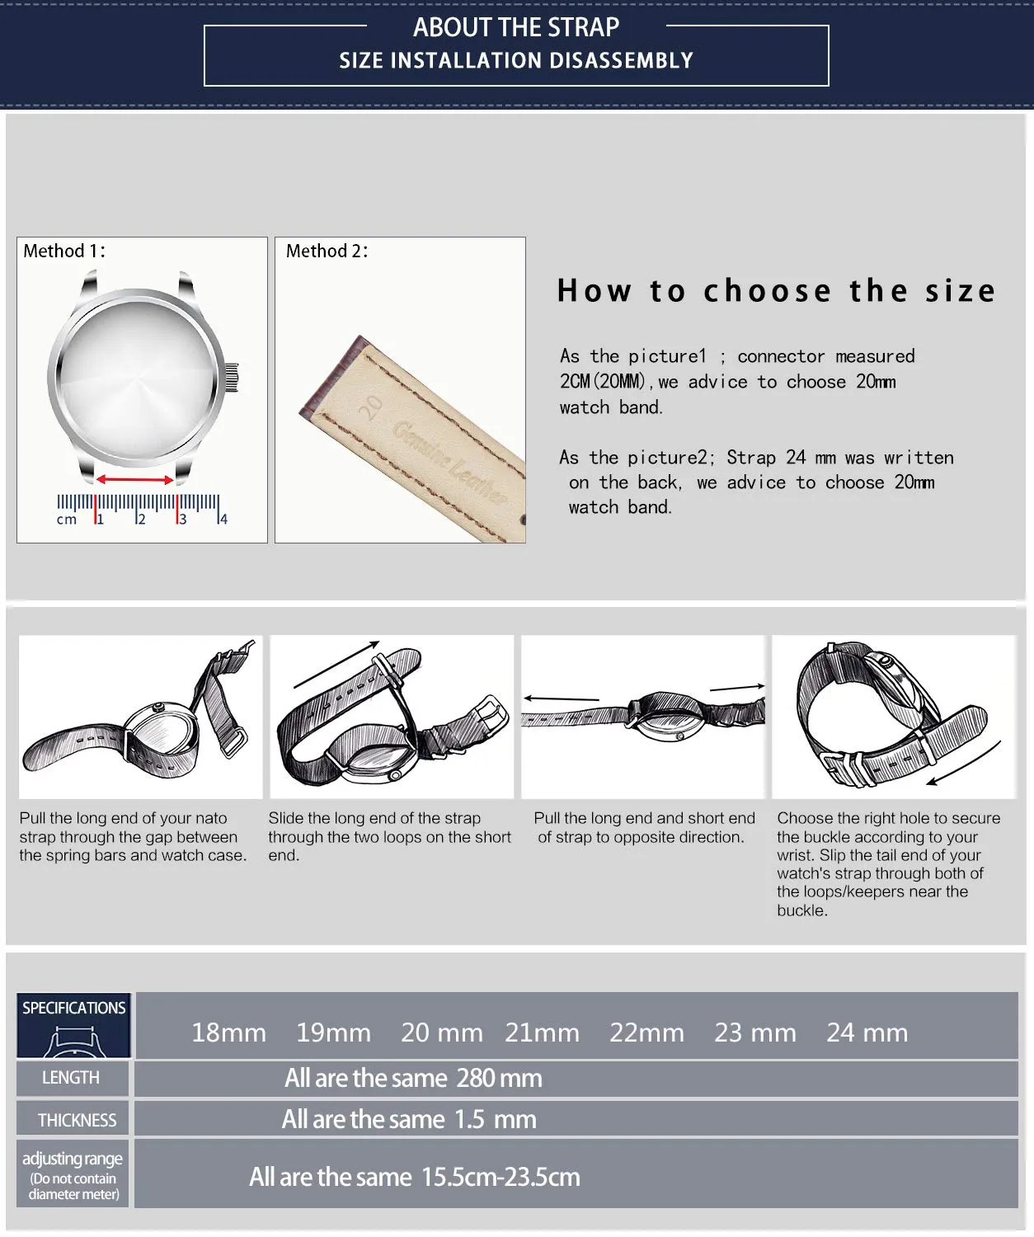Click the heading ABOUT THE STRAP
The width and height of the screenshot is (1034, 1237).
[x=516, y=27]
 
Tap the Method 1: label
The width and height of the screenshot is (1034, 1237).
[x=64, y=252]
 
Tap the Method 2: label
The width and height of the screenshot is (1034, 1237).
[x=327, y=252]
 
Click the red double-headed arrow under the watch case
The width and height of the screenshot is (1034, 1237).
[x=135, y=479]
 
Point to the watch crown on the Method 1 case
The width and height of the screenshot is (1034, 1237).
[x=232, y=378]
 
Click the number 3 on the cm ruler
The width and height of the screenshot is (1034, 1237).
[x=182, y=520]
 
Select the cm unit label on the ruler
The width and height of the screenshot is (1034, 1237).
[x=66, y=520]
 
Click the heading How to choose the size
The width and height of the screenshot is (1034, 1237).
[x=776, y=291]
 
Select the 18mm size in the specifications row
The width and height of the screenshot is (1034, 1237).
[x=228, y=1032]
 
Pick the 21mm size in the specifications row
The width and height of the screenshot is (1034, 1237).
[x=543, y=1032]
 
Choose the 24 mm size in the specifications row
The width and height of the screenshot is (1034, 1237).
[x=867, y=1032]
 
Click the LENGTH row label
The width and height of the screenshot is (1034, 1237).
[x=71, y=1078]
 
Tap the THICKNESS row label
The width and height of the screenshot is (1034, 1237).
[x=77, y=1120]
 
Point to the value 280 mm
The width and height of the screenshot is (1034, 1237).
[x=499, y=1078]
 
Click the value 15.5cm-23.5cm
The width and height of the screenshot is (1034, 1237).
[x=501, y=1177]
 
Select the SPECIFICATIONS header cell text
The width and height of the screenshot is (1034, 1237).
[x=73, y=1008]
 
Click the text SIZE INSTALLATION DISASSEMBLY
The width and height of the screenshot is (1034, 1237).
[x=516, y=60]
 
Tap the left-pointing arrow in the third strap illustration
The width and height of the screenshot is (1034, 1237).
[x=561, y=698]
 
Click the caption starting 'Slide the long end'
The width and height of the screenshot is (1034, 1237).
[x=389, y=836]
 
